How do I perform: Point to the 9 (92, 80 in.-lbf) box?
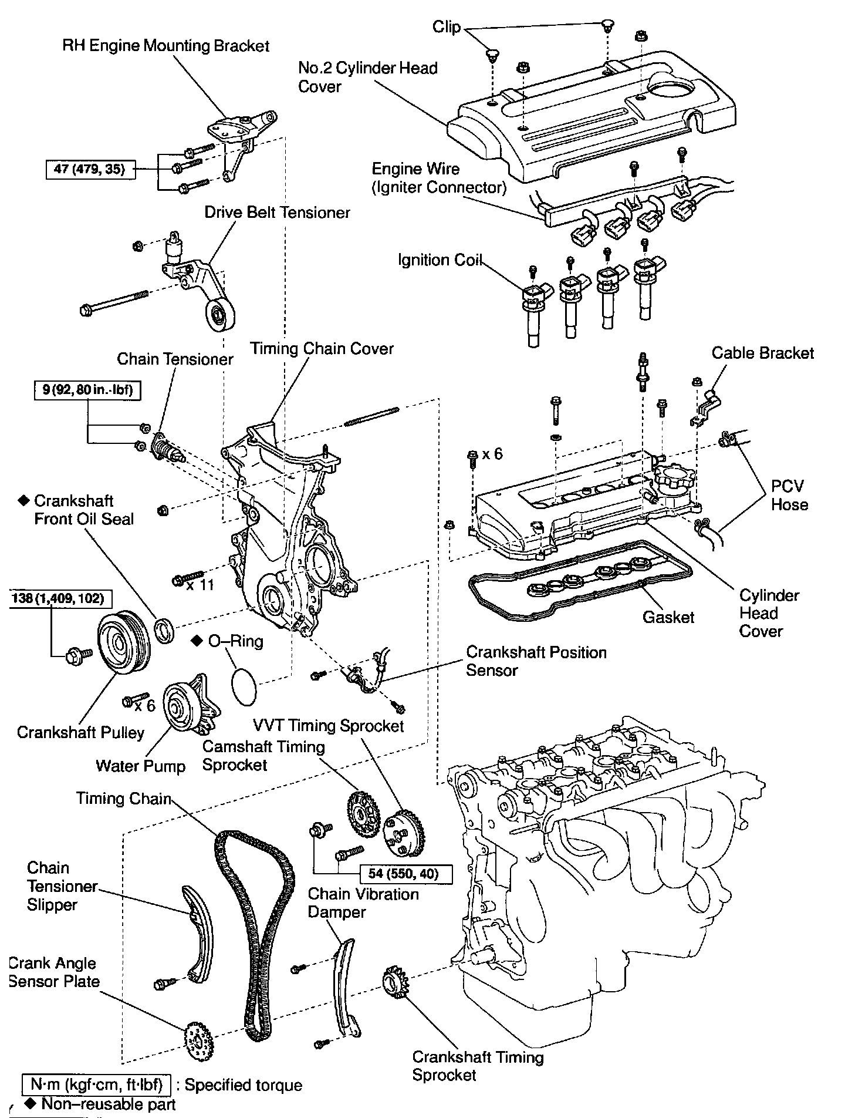coord(87,390)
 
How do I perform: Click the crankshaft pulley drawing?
coord(123,644)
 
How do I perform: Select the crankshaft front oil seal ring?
coord(164,629)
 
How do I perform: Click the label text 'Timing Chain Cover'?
coord(322,348)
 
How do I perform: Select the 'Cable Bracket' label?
coord(762,353)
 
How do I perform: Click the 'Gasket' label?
coord(668,617)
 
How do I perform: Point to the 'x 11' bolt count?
coord(200,585)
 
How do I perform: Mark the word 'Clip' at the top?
coord(447,27)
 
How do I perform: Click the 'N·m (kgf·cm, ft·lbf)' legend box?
coord(97,1084)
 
